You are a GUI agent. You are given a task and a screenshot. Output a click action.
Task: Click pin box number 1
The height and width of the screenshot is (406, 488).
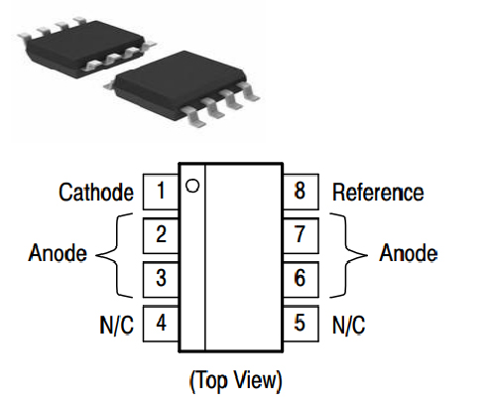point(161,192)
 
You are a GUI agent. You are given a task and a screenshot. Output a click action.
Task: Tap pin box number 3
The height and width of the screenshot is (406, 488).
point(161,278)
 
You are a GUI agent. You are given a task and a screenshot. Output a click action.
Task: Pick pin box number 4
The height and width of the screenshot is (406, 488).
point(161,323)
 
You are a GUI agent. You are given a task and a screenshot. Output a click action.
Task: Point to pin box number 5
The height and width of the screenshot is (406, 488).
point(300,323)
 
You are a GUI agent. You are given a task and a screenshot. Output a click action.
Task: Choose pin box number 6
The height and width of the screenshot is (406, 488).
point(300,278)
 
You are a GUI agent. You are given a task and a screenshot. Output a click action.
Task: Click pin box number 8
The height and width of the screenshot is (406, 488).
point(300,192)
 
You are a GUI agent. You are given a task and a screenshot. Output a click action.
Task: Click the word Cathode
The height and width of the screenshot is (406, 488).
point(95,192)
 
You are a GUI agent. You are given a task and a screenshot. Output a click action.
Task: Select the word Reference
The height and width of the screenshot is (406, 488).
point(377,192)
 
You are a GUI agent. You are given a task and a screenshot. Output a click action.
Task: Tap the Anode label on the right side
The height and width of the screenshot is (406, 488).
point(408,254)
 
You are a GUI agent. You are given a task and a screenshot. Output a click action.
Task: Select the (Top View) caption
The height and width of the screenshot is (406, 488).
point(234,380)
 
